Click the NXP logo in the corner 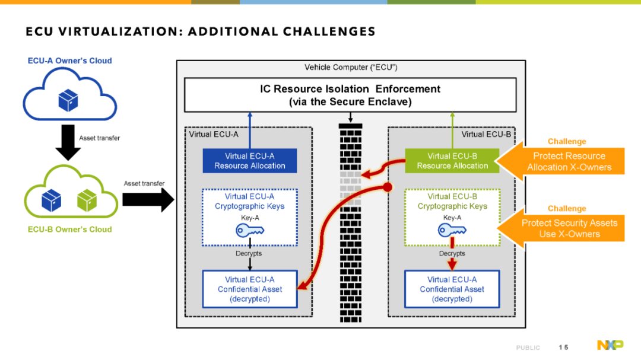click(610, 345)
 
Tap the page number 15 click(563, 348)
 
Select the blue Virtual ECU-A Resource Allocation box click(250, 161)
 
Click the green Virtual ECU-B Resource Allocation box click(452, 161)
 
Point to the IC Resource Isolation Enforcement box click(350, 95)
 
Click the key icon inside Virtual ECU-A click(250, 231)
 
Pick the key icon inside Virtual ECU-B click(452, 231)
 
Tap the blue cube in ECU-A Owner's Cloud click(68, 100)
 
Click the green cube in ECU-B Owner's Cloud click(87, 200)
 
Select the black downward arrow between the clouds click(68, 142)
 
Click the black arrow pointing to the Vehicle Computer click(148, 200)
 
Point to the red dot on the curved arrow click(387, 187)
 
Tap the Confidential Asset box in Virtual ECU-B click(452, 289)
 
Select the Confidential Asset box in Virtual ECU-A click(250, 289)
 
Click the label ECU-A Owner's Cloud click(70, 61)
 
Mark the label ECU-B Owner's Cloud click(70, 230)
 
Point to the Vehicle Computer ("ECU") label click(351, 68)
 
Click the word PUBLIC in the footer click(528, 348)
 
